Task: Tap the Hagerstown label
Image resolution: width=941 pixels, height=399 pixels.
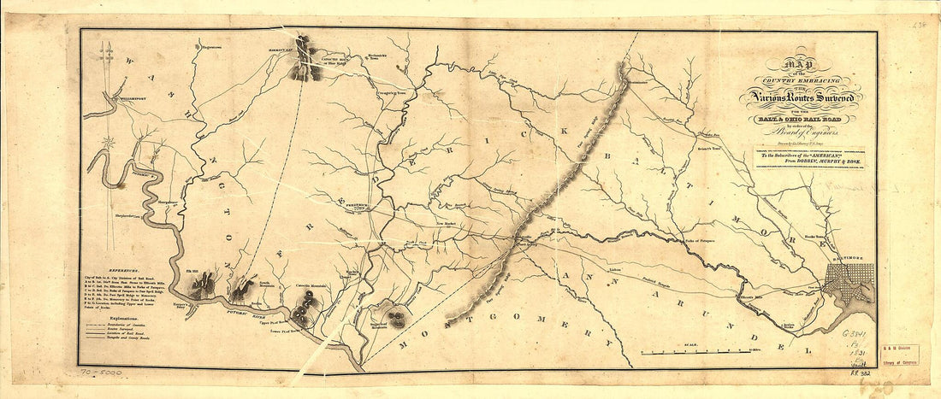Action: tap(208, 47)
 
